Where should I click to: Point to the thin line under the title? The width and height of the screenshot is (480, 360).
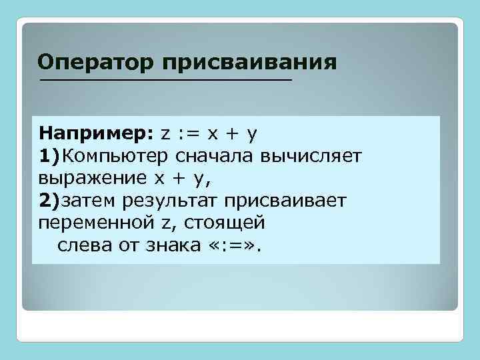[166, 81]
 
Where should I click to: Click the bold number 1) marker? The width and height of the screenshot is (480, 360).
[49, 155]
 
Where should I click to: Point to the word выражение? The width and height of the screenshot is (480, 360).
[91, 178]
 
